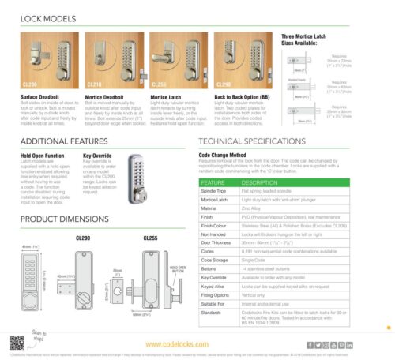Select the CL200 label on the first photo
click(30, 84)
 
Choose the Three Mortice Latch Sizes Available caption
click(310, 40)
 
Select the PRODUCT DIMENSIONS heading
click(66, 218)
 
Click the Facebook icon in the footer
click(309, 344)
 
